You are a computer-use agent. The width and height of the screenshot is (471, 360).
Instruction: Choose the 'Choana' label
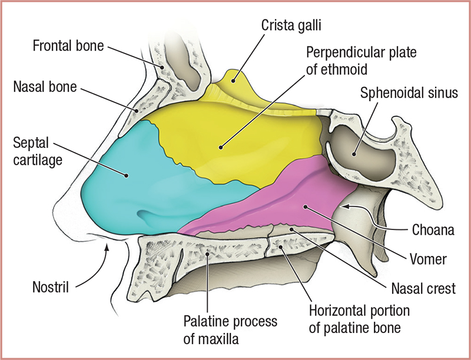point(432,229)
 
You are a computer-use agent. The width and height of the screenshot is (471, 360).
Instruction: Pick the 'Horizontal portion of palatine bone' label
point(359,316)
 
